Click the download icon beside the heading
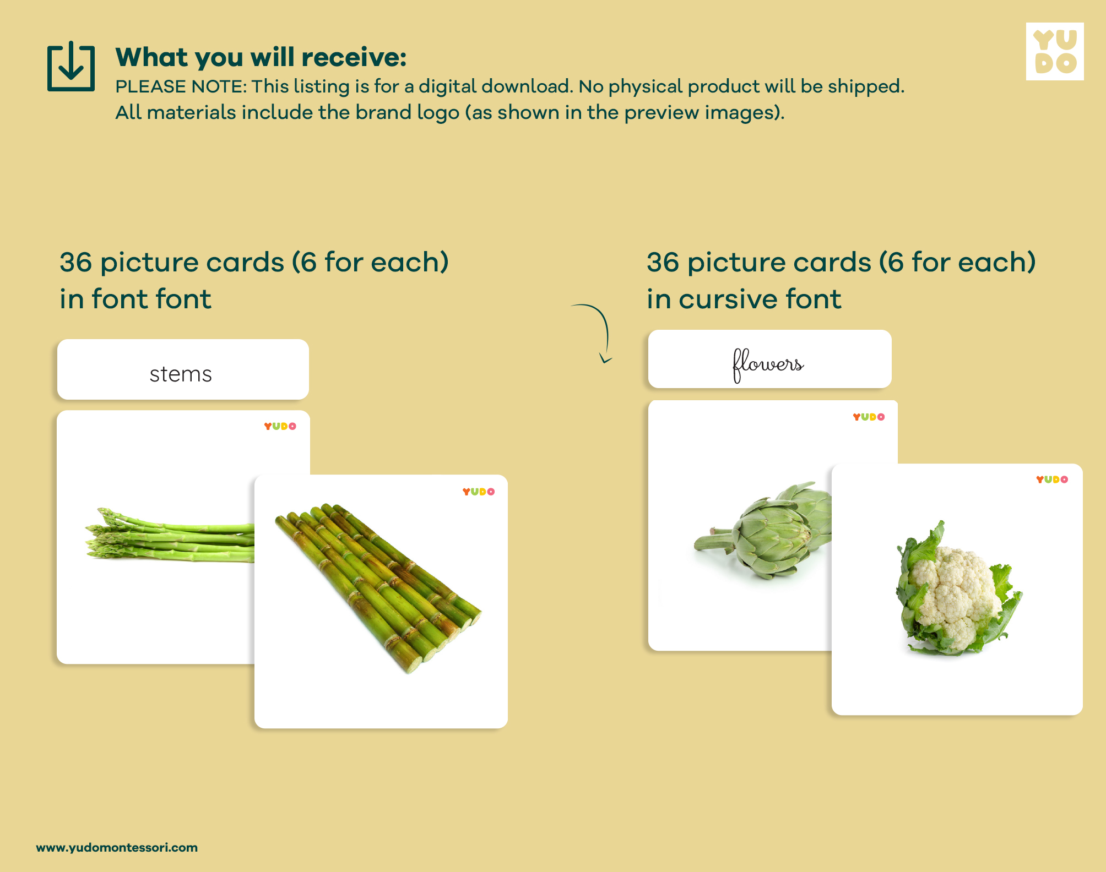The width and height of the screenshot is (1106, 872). click(71, 66)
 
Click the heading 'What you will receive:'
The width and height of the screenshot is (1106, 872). click(261, 57)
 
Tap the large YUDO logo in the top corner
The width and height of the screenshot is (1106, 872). click(1055, 51)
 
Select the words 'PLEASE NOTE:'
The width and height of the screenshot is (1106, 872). click(181, 86)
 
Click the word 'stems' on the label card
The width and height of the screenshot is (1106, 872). click(181, 374)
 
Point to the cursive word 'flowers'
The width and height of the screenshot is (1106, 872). click(768, 364)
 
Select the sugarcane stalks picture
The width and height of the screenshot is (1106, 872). click(378, 587)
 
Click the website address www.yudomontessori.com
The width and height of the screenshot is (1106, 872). click(117, 847)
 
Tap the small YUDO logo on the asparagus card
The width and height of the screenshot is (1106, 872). click(280, 426)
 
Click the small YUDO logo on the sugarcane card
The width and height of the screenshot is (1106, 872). click(478, 492)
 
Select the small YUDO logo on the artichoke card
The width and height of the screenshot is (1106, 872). click(869, 417)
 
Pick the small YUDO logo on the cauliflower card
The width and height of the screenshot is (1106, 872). click(1052, 479)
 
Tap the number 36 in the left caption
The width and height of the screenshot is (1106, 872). click(76, 262)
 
